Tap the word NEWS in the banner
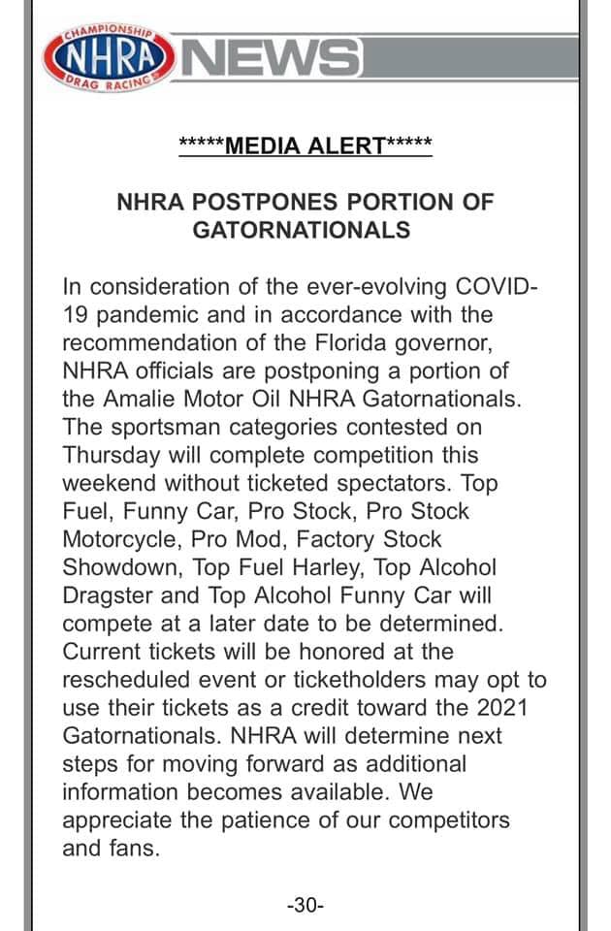click(x=271, y=59)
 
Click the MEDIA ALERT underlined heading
click(x=305, y=145)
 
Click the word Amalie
click(x=136, y=400)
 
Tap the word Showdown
click(x=121, y=566)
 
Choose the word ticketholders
click(x=367, y=679)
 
